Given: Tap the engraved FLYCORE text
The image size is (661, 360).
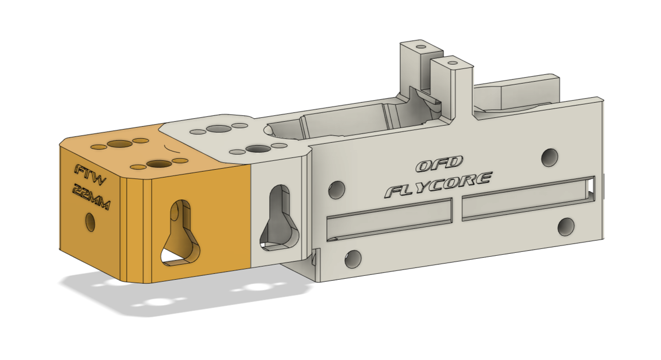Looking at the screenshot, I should [x=437, y=184].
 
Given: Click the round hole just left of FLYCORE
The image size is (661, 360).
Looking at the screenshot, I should [x=337, y=189].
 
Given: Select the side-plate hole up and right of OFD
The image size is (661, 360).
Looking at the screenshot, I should [x=549, y=156].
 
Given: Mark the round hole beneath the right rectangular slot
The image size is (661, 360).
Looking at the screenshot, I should [x=566, y=226].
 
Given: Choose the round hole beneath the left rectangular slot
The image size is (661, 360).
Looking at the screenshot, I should [x=353, y=259].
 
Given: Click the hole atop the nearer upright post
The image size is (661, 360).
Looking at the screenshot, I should [x=453, y=63].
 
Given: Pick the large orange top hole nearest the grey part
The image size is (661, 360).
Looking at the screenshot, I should [x=158, y=164].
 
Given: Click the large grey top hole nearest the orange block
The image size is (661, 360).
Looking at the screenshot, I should [x=219, y=129].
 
